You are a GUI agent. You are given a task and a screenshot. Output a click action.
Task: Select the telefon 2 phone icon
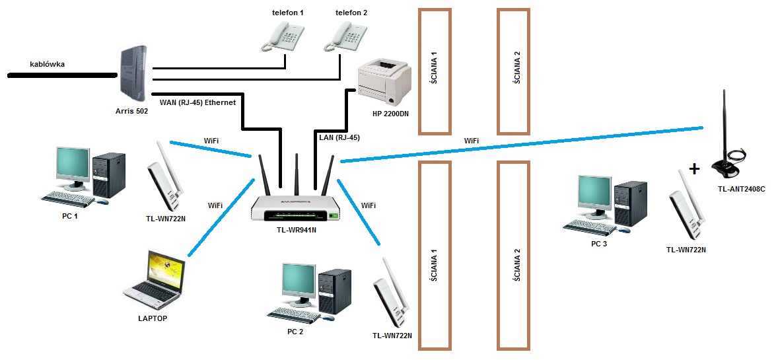click(x=343, y=36)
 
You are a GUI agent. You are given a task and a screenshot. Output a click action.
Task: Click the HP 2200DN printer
click(x=384, y=84)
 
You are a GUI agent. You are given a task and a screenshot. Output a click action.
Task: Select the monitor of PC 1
click(x=71, y=166)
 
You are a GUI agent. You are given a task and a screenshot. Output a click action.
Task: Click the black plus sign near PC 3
click(x=693, y=169)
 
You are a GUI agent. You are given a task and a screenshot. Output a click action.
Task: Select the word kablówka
click(x=48, y=65)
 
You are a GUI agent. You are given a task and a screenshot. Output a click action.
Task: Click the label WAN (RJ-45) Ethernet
click(x=197, y=102)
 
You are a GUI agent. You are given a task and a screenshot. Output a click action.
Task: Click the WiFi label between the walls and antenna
click(x=472, y=141)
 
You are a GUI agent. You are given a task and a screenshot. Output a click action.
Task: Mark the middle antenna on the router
click(x=297, y=172)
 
